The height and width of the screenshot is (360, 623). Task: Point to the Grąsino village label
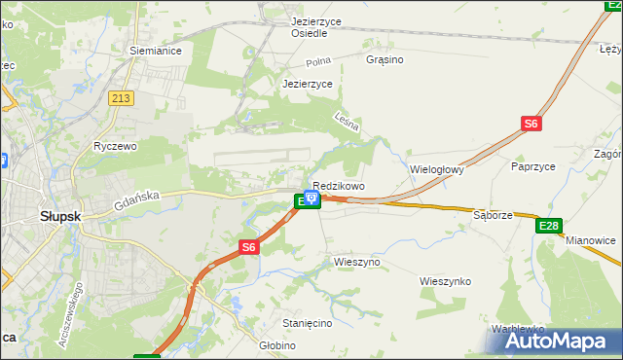385,59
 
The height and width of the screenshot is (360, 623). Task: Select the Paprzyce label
532,166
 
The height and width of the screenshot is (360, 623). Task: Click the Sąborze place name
493,215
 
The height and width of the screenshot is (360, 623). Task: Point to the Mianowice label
592,239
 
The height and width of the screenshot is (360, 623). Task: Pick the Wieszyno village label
356,263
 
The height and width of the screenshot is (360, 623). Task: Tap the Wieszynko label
445,281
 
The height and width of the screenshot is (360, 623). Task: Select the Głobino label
277,344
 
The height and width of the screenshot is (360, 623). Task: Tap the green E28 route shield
549,226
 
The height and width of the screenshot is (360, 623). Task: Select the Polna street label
318,61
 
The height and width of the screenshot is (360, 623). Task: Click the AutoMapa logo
552,342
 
